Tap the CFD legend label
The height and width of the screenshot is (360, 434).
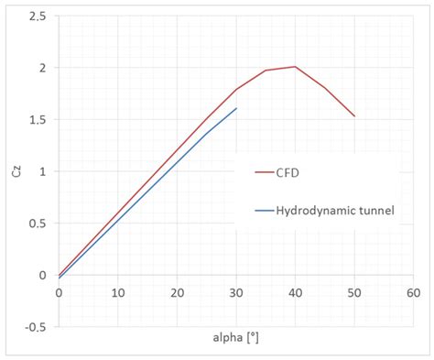(291, 171)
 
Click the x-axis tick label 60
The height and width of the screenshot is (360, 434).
(413, 292)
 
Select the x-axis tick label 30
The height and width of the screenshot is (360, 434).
(236, 292)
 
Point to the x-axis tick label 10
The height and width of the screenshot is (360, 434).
(118, 292)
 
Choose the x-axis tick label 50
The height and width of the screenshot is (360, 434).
(354, 292)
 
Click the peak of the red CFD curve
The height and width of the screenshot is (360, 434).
(295, 67)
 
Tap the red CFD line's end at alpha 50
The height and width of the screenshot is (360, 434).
(354, 116)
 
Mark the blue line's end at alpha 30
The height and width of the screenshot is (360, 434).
(236, 108)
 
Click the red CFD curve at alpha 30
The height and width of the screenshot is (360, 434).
(236, 90)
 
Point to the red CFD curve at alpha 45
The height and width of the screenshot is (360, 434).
(324, 87)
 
